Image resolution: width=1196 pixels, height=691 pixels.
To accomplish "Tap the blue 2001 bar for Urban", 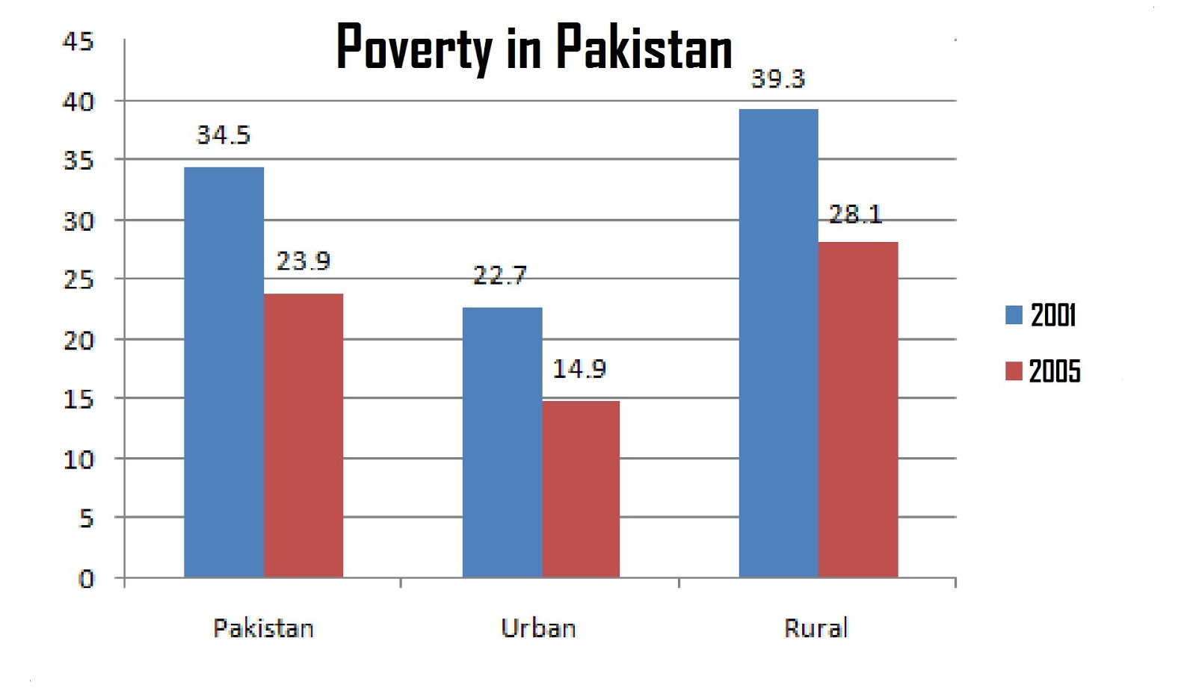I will (502, 442).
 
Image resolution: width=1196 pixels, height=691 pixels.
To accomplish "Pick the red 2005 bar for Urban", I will (581, 489).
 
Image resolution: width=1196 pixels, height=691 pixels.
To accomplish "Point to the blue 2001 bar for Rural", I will (778, 343).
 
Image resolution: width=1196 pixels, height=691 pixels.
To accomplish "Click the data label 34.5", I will (223, 135).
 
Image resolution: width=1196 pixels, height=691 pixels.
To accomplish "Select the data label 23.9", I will (303, 261).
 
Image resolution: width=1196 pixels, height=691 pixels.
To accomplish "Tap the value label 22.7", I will (499, 276).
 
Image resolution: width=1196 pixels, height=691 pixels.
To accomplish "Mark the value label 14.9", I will (579, 368).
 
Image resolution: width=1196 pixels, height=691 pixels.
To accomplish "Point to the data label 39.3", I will (777, 79).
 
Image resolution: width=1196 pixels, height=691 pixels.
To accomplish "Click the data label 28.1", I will (855, 215).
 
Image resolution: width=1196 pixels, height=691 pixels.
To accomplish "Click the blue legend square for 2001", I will (1014, 315).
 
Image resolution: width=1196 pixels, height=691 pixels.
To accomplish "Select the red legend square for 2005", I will (1014, 371).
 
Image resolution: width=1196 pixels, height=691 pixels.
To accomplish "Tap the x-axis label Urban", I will (538, 628).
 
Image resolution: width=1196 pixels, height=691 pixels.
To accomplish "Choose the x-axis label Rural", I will (816, 628).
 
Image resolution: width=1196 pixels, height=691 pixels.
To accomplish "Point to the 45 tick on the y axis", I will (78, 42).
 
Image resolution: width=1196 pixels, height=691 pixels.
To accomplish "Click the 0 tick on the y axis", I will (87, 579).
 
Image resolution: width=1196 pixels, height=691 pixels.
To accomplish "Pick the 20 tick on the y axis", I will (78, 341).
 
